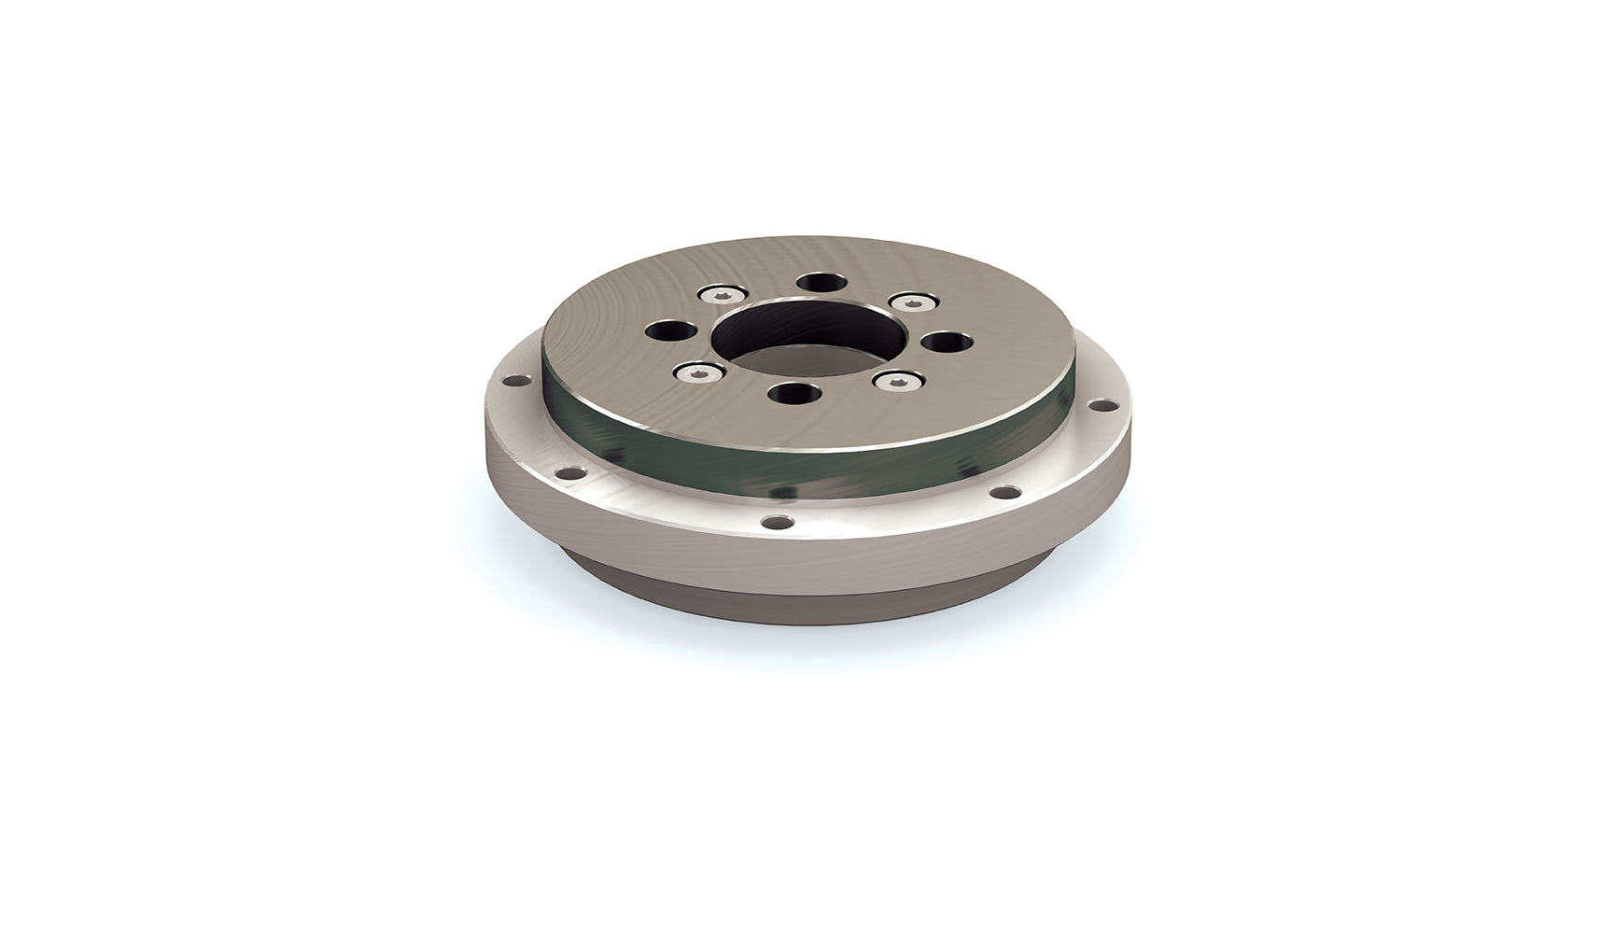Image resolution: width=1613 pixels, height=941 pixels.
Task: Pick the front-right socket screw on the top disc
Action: tap(894, 380)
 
